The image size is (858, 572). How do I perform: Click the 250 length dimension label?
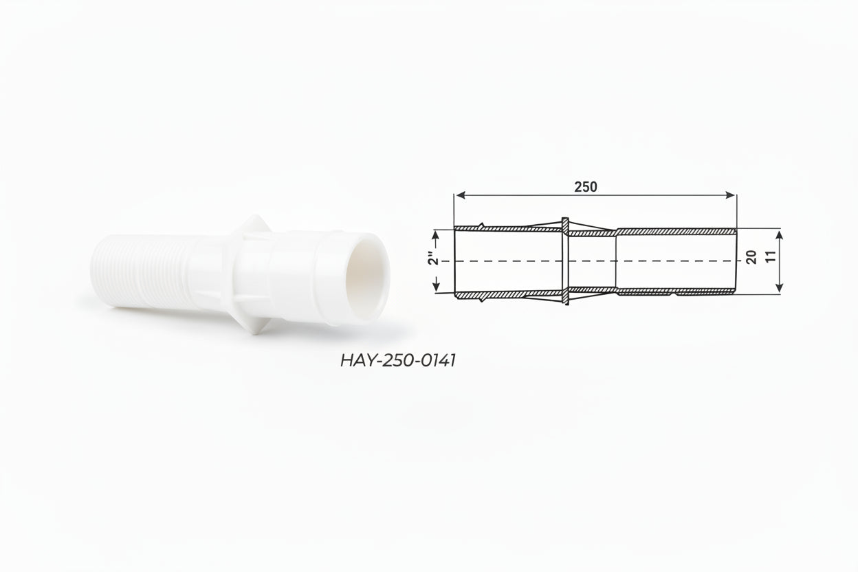586,186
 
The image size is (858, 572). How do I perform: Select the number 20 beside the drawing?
751,257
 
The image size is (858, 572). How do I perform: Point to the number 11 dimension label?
771,256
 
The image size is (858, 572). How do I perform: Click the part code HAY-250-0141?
398,360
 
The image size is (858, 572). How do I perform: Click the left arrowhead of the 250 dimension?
461,195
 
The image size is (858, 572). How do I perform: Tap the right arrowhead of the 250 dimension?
731,195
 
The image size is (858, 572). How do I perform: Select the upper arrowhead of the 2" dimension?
435,236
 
